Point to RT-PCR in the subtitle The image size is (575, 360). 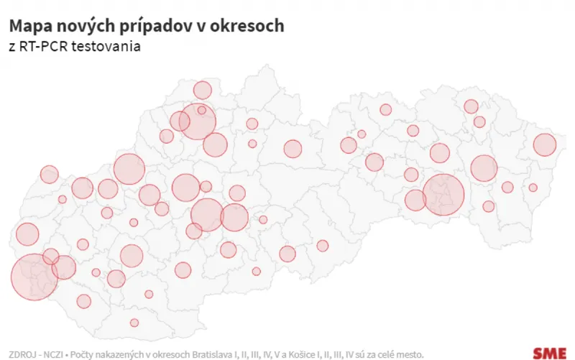click(x=44, y=47)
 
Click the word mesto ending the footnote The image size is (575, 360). click(x=407, y=354)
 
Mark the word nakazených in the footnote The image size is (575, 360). click(x=122, y=354)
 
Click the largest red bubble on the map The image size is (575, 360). click(x=34, y=277)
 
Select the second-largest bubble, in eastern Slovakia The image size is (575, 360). click(x=443, y=195)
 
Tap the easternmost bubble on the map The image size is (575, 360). click(x=546, y=145)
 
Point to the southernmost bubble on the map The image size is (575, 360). click(x=134, y=323)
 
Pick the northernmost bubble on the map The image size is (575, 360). click(x=203, y=90)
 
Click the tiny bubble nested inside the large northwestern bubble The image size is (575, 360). click(x=202, y=111)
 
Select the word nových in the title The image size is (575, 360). click(x=75, y=26)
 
